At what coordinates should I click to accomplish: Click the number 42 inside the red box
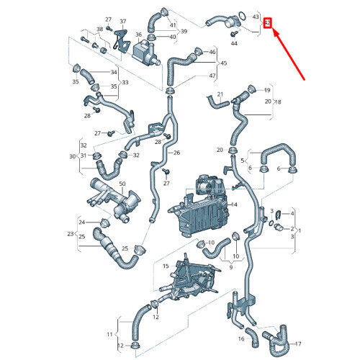click(x=267, y=24)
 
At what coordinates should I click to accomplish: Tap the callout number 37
click(x=122, y=22)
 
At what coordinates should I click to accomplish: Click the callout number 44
click(x=234, y=44)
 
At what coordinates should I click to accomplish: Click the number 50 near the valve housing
click(x=101, y=185)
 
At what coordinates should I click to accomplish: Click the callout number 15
click(x=165, y=266)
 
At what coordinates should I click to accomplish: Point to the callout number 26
click(x=176, y=153)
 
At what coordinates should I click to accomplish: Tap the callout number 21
click(x=221, y=94)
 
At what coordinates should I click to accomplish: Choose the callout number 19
click(x=266, y=91)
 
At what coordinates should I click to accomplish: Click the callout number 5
click(x=243, y=161)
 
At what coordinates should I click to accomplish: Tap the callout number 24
click(x=82, y=222)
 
